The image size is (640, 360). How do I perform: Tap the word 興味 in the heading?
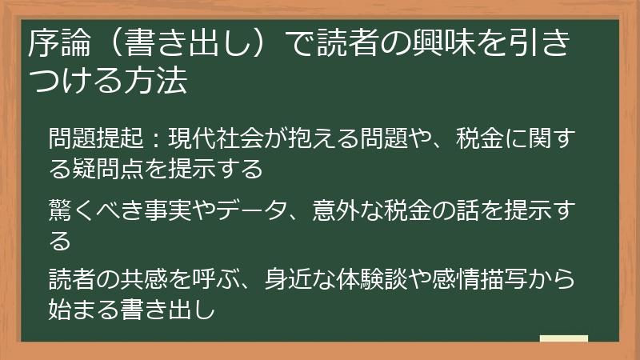tap(449, 45)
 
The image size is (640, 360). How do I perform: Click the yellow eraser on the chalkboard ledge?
tap(563, 338)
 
